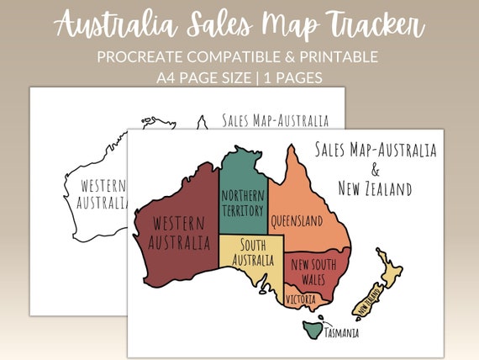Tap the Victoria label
pyautogui.click(x=301, y=299)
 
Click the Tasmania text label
pyautogui.click(x=337, y=332)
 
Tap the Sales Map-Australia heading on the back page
pyautogui.click(x=275, y=120)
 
